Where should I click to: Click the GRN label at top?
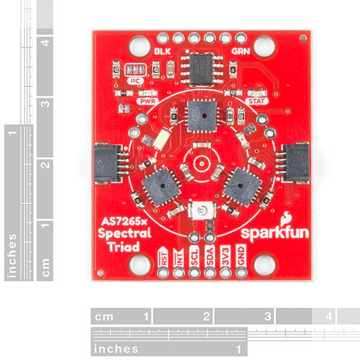point(238,52)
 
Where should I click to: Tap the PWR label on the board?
point(147,101)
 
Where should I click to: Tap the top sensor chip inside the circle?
point(199,116)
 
